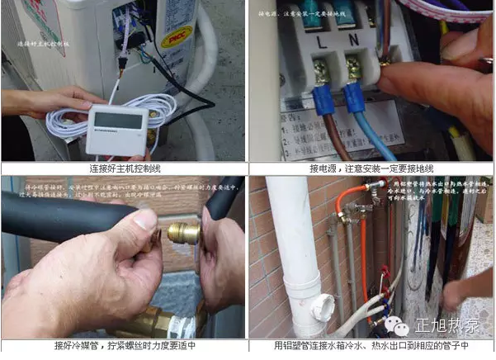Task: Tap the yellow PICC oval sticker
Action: point(177,37)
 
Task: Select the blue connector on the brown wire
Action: point(320,101)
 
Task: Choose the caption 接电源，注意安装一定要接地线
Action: point(371,168)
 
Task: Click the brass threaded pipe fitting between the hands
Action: point(183,233)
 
